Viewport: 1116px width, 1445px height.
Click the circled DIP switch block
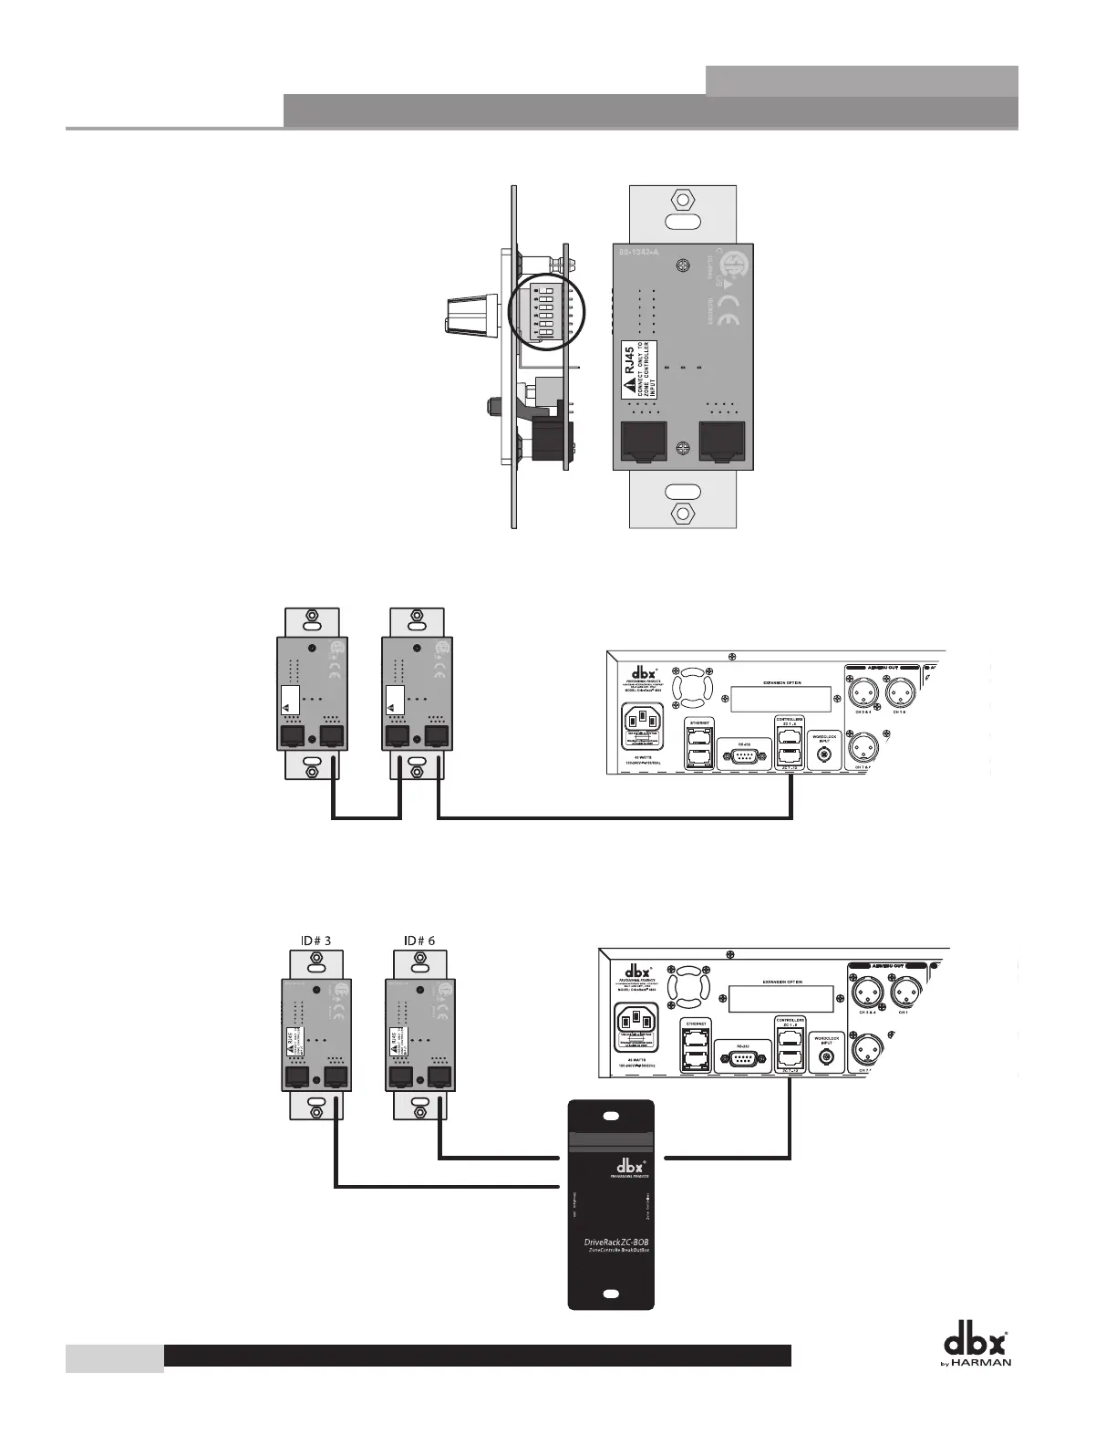point(545,311)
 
